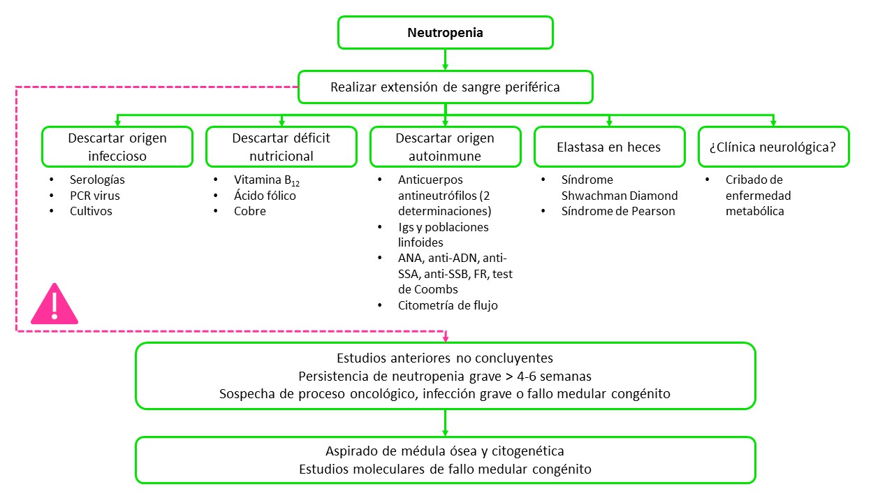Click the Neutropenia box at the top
[445, 33]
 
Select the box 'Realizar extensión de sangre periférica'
[445, 87]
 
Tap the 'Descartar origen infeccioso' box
[117, 147]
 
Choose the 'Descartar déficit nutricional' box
[281, 147]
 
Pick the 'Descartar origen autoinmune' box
[445, 147]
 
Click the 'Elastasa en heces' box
[609, 147]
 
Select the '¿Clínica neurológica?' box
[773, 147]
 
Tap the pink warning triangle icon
[55, 305]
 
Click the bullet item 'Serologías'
[97, 180]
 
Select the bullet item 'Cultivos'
[91, 211]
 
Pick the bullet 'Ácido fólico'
[265, 196]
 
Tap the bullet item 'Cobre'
[249, 211]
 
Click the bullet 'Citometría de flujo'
[448, 305]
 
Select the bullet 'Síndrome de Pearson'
[618, 211]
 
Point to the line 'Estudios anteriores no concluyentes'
[445, 358]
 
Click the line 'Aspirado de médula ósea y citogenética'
[445, 451]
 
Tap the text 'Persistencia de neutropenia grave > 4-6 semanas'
[445, 376]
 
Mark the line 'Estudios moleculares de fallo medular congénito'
[445, 469]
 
